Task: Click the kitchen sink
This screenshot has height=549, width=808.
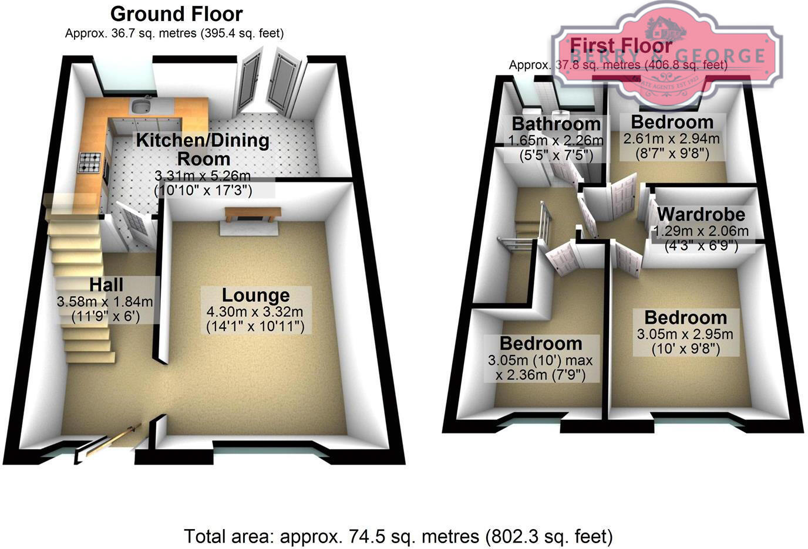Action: click(140, 106)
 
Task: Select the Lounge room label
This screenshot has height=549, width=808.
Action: click(255, 295)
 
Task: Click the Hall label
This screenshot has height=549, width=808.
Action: click(106, 285)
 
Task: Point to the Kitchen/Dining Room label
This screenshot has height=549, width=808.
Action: click(203, 149)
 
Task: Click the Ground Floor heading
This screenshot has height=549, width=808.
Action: click(176, 13)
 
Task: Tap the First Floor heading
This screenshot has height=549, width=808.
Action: click(621, 45)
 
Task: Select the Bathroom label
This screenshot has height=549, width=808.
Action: click(556, 124)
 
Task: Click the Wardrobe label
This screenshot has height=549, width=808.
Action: click(701, 214)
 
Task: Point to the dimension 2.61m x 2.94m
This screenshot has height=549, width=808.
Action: click(671, 139)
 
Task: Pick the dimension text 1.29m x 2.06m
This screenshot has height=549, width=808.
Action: click(701, 231)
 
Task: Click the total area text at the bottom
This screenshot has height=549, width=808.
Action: click(399, 536)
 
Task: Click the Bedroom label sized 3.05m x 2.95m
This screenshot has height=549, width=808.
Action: click(685, 318)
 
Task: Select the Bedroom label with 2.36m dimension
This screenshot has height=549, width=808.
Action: click(541, 343)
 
